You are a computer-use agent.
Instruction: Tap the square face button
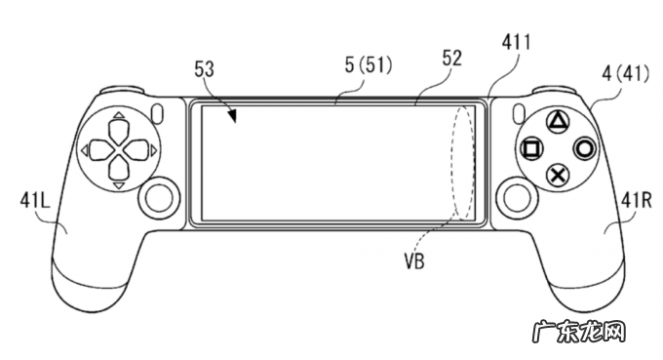(x=532, y=149)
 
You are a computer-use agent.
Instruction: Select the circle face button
(x=585, y=149)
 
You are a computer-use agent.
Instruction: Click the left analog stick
(x=159, y=197)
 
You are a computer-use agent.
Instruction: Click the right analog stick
(x=517, y=197)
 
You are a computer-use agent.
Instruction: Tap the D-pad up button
(x=119, y=131)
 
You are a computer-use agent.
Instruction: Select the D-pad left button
(x=101, y=149)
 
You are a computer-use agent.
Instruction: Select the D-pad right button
(x=137, y=149)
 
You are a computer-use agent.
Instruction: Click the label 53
(x=204, y=70)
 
